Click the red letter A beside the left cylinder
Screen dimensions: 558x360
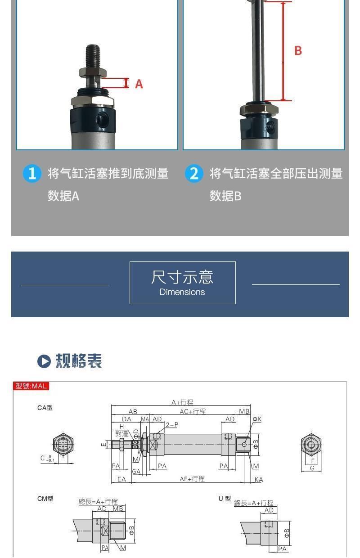tap(139, 84)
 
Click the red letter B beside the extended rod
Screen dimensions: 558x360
tap(298, 50)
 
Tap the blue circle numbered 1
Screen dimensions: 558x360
tap(32, 174)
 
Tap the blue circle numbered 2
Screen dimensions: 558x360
tap(194, 174)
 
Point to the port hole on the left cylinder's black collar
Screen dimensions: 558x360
tap(103, 120)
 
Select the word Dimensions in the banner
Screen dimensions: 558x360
tap(182, 292)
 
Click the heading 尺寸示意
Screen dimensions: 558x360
tap(182, 277)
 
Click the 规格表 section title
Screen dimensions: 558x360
tap(79, 361)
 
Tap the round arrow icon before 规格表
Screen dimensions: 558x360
tap(44, 361)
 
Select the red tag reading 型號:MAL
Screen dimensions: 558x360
tap(31, 386)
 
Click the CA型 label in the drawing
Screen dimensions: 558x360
tap(45, 408)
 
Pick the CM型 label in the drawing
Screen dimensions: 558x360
tap(45, 499)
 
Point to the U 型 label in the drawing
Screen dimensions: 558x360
tap(225, 499)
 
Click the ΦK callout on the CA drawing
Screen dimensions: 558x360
tap(256, 419)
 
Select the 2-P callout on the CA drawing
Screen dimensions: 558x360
tap(171, 425)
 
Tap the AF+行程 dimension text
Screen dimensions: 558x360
tap(192, 479)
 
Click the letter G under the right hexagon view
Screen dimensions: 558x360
tap(312, 468)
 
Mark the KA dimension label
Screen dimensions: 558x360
tap(258, 480)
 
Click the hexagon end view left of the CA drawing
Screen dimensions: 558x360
tap(63, 445)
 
